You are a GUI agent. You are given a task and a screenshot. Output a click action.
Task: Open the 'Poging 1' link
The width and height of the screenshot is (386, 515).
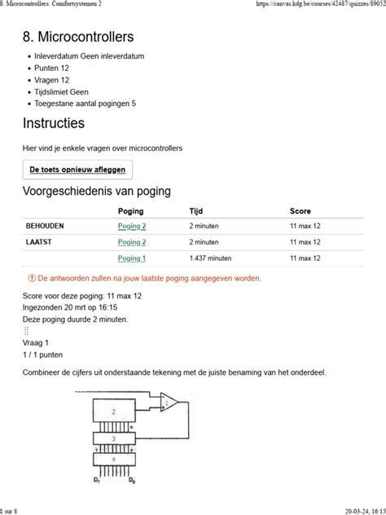[x=132, y=258]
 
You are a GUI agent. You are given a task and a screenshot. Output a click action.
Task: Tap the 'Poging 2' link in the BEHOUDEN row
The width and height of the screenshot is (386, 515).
[x=132, y=226]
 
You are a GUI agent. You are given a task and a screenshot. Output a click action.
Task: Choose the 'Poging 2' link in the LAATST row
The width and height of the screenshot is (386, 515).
[x=132, y=242]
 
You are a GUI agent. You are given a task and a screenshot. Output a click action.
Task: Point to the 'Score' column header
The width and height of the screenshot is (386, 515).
[x=300, y=211]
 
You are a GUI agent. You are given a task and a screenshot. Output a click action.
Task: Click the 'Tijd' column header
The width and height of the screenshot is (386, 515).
[x=196, y=211]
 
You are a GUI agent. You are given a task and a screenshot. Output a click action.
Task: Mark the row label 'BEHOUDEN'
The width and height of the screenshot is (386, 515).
[x=45, y=226]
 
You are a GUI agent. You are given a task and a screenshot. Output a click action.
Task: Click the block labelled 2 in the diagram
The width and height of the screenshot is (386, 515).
[x=114, y=412]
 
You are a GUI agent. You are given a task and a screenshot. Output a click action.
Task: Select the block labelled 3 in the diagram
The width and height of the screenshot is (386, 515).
[x=115, y=438]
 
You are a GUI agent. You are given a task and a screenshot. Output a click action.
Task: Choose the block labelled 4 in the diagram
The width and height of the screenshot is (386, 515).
[x=115, y=459]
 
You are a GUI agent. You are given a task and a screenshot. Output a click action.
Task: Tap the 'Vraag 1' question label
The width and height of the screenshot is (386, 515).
[x=36, y=342]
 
